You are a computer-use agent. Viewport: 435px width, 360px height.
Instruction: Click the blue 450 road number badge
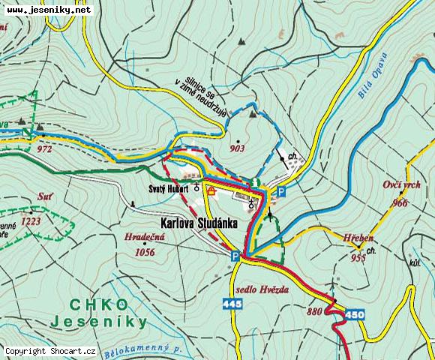pos(355,314)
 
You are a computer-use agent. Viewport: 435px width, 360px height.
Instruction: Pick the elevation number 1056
pos(144,252)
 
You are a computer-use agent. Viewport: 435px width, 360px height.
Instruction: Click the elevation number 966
pos(400,203)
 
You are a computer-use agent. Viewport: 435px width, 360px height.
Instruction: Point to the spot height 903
pos(238,148)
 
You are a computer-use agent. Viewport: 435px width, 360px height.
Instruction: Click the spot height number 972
pos(43,148)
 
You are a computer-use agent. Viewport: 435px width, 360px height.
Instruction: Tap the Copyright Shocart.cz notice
pos(49,351)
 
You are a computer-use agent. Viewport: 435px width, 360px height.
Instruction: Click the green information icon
pos(256,182)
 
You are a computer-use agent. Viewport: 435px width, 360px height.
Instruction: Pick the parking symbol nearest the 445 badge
pos(235,256)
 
